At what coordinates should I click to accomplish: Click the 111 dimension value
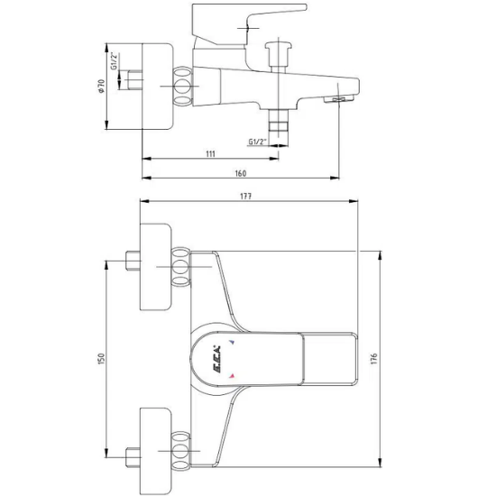(210, 154)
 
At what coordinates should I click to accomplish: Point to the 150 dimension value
(102, 359)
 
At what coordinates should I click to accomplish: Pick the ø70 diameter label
(102, 87)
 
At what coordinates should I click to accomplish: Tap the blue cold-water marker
(232, 344)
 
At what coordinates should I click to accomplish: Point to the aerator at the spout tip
(342, 96)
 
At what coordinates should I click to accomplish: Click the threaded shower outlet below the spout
(278, 125)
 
